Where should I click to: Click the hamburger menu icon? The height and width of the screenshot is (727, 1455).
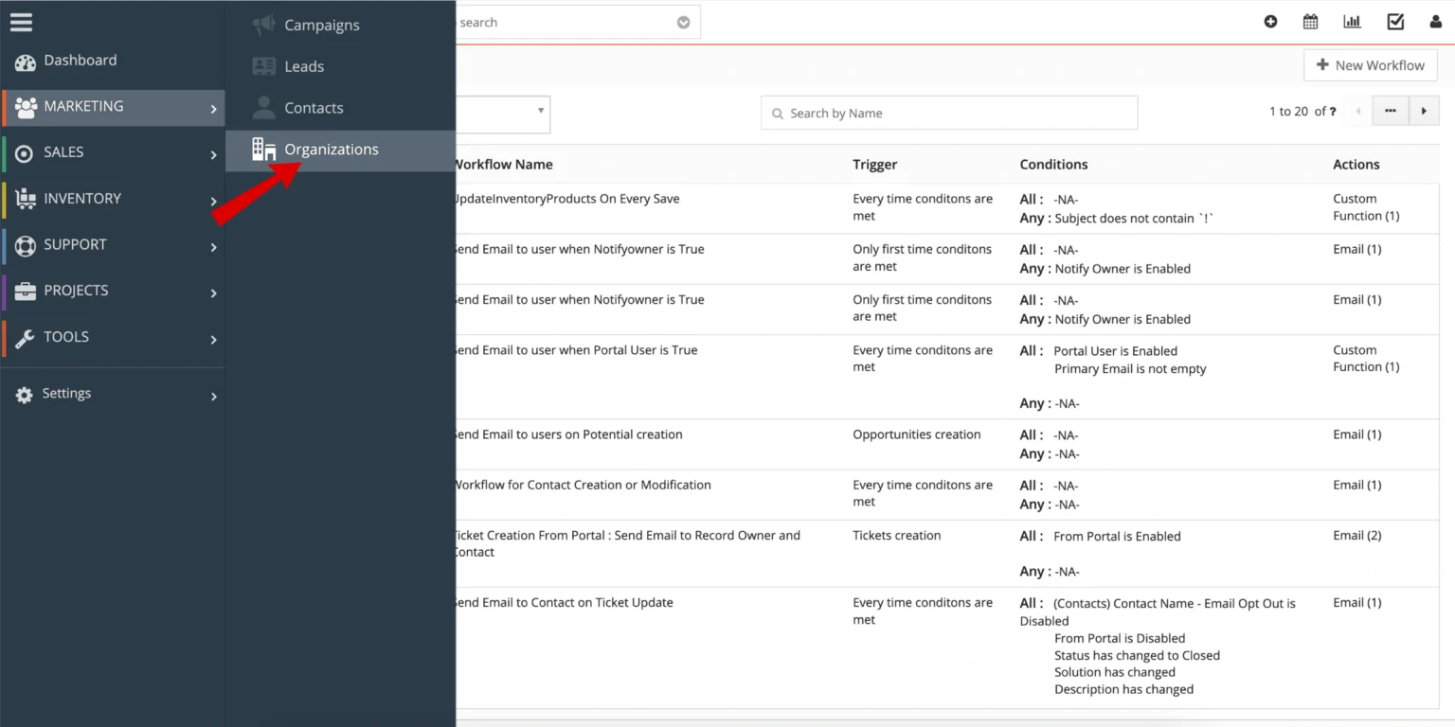[21, 22]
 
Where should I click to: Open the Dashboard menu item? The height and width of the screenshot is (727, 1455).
[80, 61]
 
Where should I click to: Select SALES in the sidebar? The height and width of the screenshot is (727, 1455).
[63, 152]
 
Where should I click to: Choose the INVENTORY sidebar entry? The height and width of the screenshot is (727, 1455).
[81, 199]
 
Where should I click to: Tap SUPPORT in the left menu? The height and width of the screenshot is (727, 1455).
[74, 244]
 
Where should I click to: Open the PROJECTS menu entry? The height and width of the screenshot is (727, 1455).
[76, 291]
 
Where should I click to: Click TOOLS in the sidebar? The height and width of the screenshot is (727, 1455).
[65, 337]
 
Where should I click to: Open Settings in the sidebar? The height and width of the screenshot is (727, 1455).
[66, 394]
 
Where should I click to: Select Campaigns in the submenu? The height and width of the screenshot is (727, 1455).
[321, 26]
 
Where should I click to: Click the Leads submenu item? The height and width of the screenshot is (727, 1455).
[304, 66]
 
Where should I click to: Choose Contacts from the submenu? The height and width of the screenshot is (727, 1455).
[314, 108]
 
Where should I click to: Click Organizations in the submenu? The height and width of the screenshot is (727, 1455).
[331, 150]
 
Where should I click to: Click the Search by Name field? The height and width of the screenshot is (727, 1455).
[949, 114]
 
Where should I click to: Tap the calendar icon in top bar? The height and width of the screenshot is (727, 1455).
[1311, 22]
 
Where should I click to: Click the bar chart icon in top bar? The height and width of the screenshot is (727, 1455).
[1352, 22]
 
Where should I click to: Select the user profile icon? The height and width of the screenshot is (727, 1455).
[1436, 22]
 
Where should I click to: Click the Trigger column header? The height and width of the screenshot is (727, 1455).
[874, 165]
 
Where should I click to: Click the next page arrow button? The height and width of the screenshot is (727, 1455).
[1423, 112]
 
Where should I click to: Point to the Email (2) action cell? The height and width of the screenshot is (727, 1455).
[1356, 536]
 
